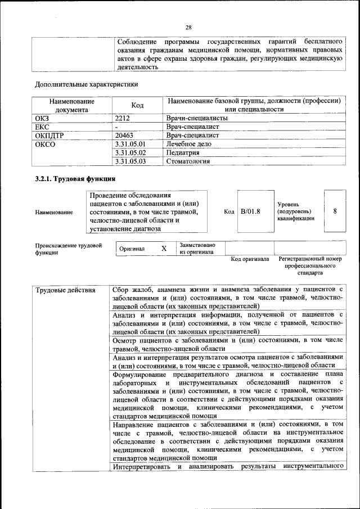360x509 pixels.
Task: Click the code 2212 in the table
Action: click(123, 119)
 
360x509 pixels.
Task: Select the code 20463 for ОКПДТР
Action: click(124, 136)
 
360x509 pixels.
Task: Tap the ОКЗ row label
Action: click(42, 119)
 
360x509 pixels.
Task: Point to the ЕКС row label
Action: click(42, 127)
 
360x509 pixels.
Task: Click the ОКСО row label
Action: click(45, 144)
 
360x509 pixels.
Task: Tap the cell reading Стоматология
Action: click(188, 161)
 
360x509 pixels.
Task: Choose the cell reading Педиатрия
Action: click(183, 152)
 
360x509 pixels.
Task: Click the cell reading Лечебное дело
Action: click(188, 144)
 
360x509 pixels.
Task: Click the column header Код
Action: click(137, 105)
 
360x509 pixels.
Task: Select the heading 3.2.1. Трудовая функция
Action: click(75, 179)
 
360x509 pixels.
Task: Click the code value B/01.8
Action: click(250, 211)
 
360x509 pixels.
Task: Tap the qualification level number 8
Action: click(335, 211)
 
